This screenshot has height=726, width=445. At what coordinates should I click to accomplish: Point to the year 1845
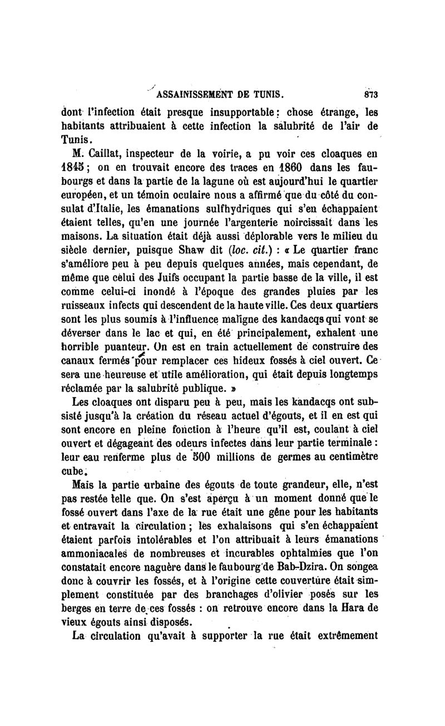81,165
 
